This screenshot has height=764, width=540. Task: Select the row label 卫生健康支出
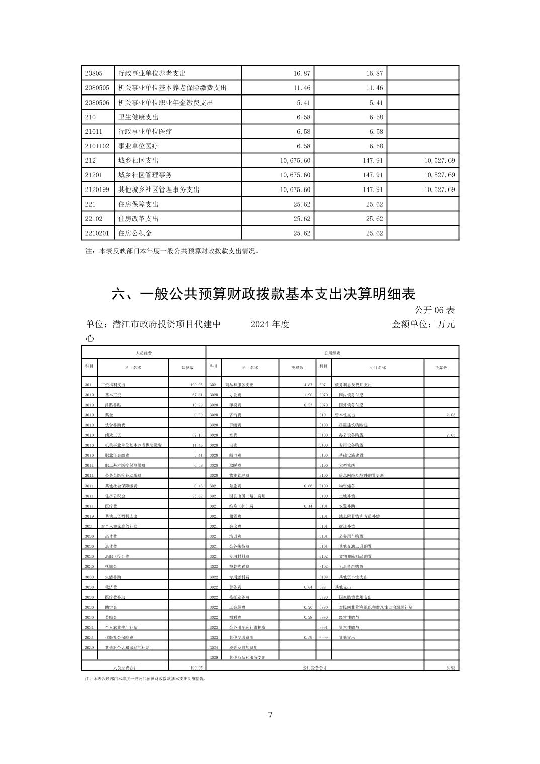pyautogui.click(x=138, y=117)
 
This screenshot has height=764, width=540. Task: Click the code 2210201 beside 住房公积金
pyautogui.click(x=97, y=233)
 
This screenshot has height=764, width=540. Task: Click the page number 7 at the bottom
pyautogui.click(x=270, y=714)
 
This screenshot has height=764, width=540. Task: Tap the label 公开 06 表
pyautogui.click(x=434, y=310)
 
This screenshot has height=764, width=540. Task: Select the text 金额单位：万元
pyautogui.click(x=423, y=324)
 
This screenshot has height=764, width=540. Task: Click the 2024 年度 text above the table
pyautogui.click(x=270, y=324)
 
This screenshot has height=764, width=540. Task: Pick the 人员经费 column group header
pyautogui.click(x=144, y=353)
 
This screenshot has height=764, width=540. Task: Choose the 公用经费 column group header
pyautogui.click(x=332, y=353)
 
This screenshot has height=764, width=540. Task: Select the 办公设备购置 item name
pyautogui.click(x=351, y=435)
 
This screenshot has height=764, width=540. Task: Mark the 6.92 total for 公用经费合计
pyautogui.click(x=450, y=667)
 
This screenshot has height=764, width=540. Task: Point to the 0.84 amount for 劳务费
pyautogui.click(x=308, y=587)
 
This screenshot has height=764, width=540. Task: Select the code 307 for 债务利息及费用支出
pyautogui.click(x=322, y=385)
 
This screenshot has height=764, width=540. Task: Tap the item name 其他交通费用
pyautogui.click(x=241, y=637)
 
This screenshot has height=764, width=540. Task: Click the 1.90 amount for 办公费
pyautogui.click(x=308, y=395)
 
